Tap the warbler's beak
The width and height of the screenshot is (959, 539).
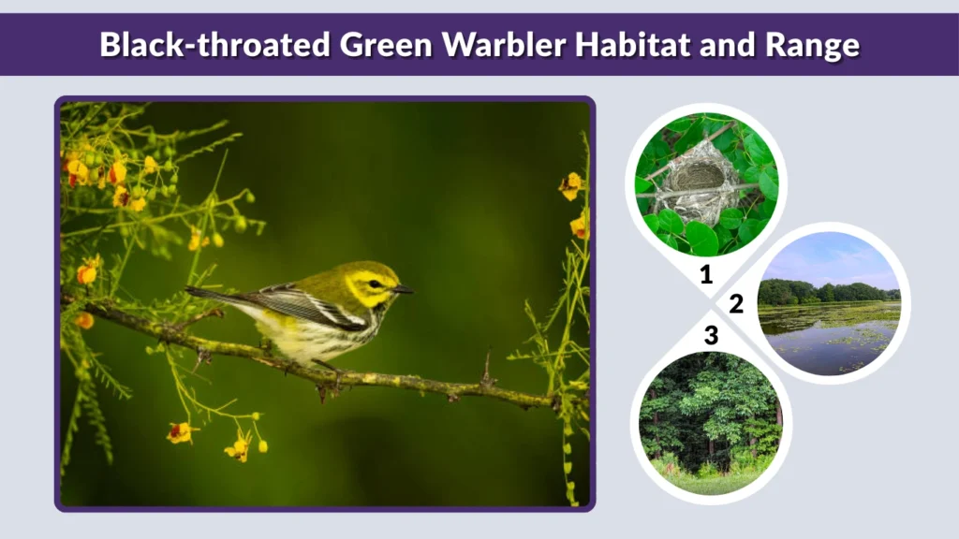[x=404, y=290]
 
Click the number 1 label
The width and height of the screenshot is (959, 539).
[x=706, y=275]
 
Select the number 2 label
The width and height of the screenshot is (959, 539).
[x=736, y=304]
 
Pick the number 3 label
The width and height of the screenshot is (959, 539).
[x=711, y=335]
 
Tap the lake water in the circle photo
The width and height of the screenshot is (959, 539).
[x=824, y=342]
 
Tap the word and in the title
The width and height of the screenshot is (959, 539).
[x=730, y=44]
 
